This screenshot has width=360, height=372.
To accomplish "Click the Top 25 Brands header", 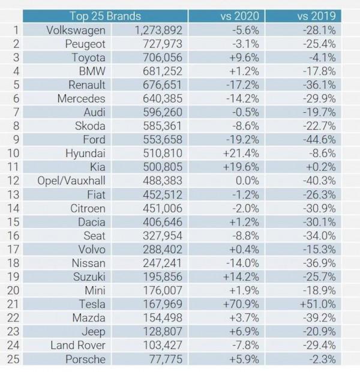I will tap(106, 16).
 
